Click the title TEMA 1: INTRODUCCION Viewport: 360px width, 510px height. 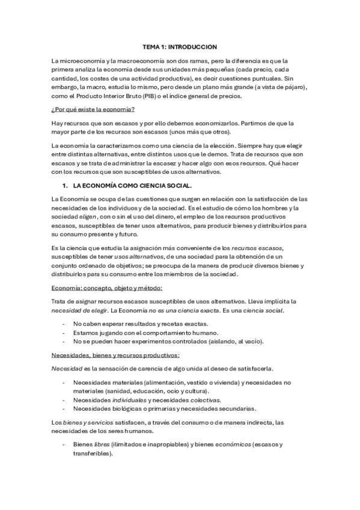(x=180, y=46)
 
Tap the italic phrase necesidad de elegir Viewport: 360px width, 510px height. (x=76, y=310)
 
